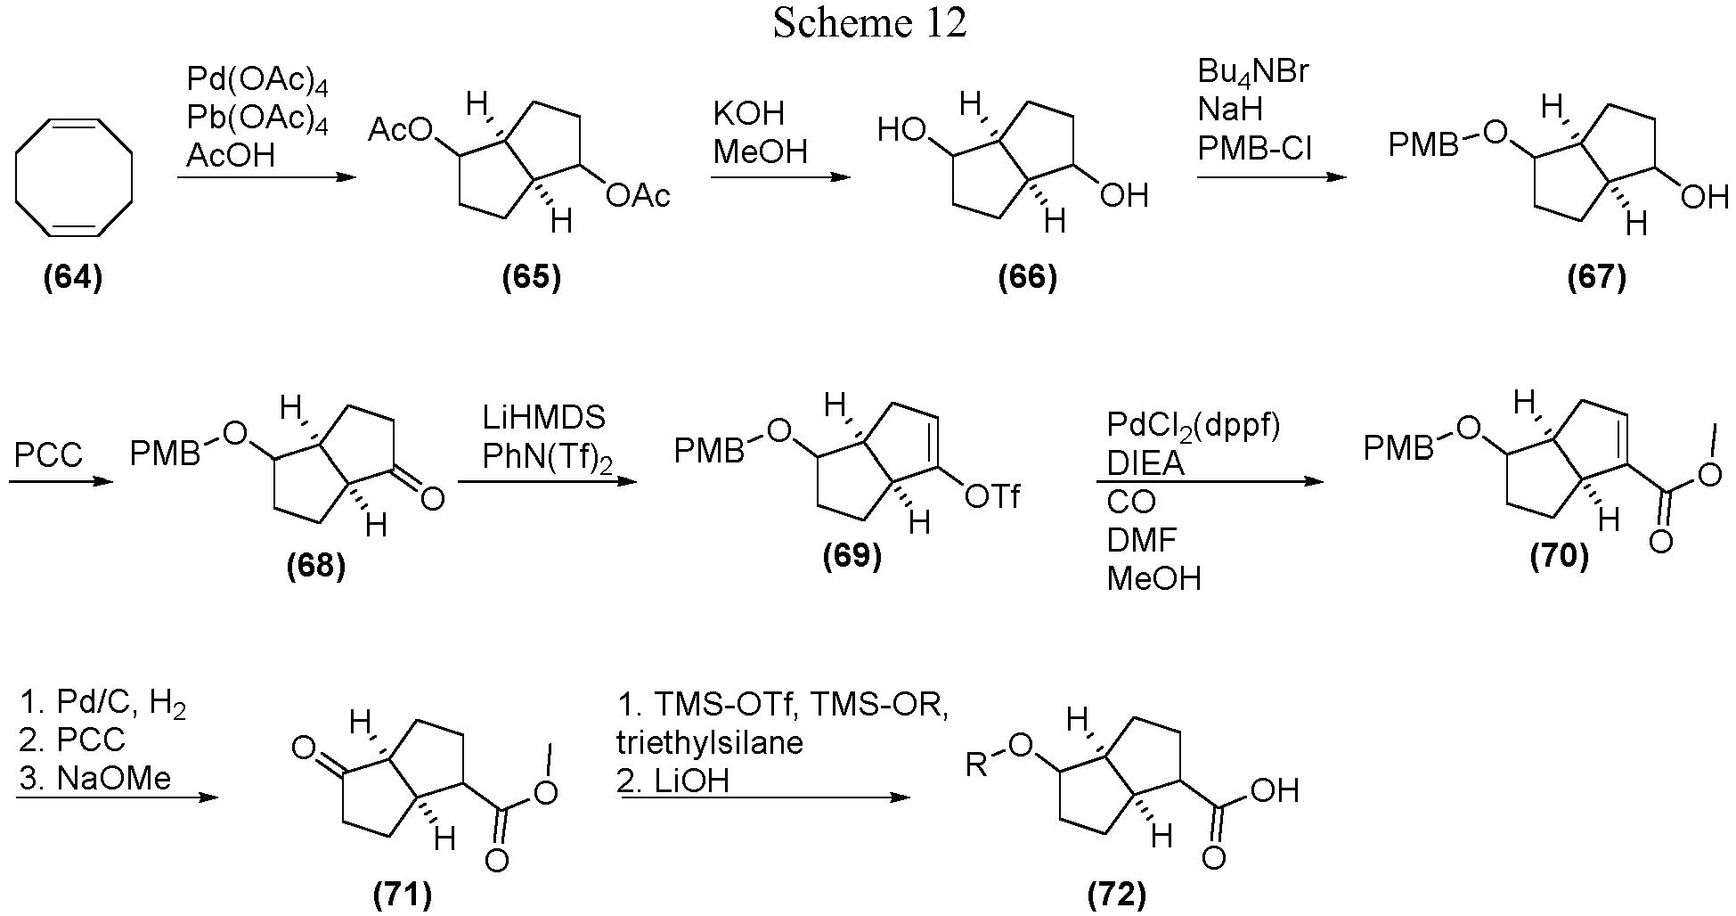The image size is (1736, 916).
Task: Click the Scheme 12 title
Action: coord(869,24)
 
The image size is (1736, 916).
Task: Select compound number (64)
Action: coord(73,278)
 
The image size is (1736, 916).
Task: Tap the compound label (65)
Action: coord(532,278)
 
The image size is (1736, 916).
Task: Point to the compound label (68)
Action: coord(316,566)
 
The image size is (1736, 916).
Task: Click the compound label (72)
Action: coord(1117,894)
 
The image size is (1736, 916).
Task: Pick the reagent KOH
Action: coord(748,114)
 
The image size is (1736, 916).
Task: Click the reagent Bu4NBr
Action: coord(1253,71)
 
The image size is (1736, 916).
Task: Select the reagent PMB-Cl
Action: coord(1254,149)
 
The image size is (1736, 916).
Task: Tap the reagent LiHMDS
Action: coord(544,417)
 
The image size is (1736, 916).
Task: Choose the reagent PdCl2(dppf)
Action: coord(1193,426)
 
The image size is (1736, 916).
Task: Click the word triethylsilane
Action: coord(710,742)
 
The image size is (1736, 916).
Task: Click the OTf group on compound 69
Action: coord(992,496)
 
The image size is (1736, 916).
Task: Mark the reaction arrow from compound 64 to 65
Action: coord(266,177)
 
